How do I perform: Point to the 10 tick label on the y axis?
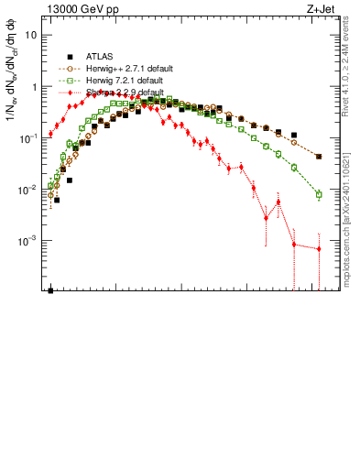point(31,35)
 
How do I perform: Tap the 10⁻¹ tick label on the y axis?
point(29,138)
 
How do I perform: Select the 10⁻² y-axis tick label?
point(29,190)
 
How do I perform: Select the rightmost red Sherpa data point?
point(319,249)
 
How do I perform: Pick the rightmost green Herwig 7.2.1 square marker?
point(319,195)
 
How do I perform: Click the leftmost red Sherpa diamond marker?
point(51,135)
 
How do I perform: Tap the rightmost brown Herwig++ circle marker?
point(319,157)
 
